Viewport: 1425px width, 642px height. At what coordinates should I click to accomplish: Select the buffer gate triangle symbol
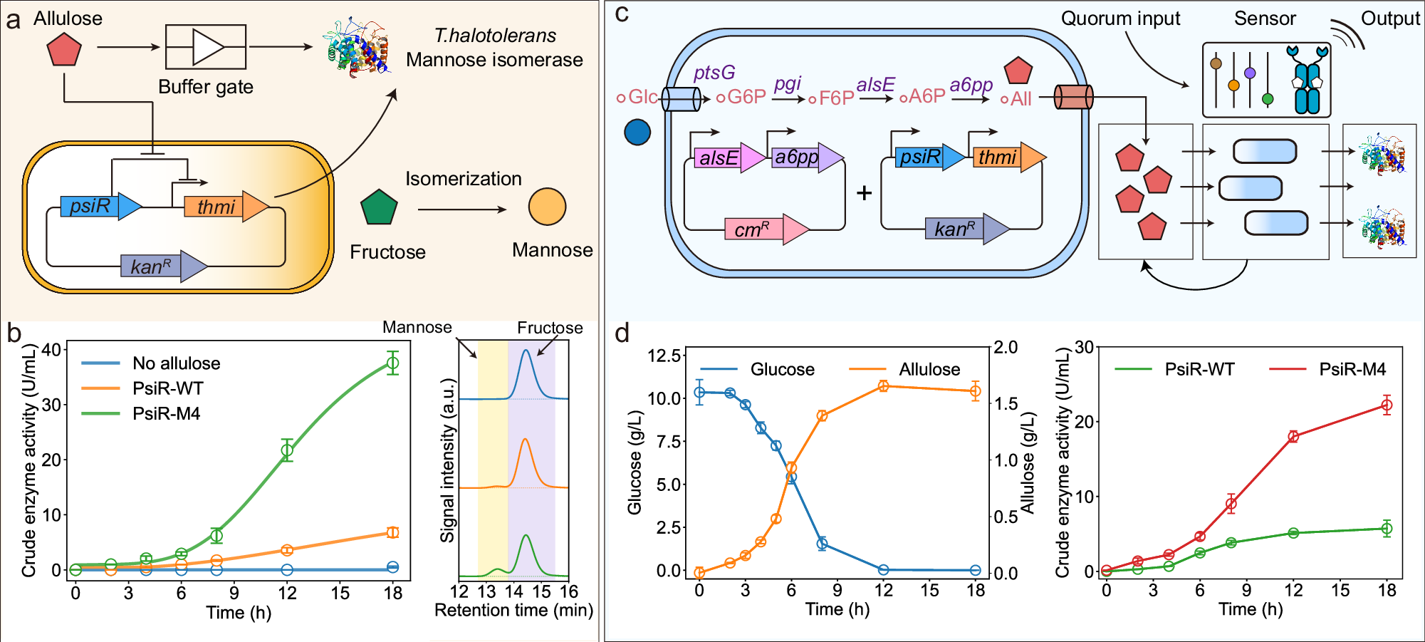pyautogui.click(x=207, y=47)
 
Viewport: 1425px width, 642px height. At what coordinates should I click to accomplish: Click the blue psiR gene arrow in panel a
pyautogui.click(x=100, y=207)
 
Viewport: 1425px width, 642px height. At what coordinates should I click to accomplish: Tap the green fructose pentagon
pyautogui.click(x=379, y=208)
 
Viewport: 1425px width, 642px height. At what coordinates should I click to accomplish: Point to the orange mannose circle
pyautogui.click(x=547, y=207)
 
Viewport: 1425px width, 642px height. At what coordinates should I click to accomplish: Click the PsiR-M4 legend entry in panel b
pyautogui.click(x=166, y=413)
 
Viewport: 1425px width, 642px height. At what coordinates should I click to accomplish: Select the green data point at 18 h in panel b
pyautogui.click(x=392, y=363)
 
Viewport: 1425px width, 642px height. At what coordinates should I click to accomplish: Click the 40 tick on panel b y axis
pyautogui.click(x=51, y=349)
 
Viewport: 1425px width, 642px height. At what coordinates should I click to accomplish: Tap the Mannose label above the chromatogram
pyautogui.click(x=417, y=327)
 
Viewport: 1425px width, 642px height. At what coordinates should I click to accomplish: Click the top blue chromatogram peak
pyautogui.click(x=526, y=351)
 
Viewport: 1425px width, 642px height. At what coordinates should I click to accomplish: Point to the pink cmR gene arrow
pyautogui.click(x=766, y=229)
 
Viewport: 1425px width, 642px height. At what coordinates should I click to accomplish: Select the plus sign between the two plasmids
pyautogui.click(x=864, y=193)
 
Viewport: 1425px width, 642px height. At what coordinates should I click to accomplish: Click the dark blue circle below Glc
pyautogui.click(x=637, y=132)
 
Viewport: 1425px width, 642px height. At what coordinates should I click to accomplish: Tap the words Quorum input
pyautogui.click(x=1120, y=19)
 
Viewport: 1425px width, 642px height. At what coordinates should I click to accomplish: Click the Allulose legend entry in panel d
pyautogui.click(x=929, y=369)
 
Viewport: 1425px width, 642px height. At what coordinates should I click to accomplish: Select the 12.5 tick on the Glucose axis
pyautogui.click(x=665, y=355)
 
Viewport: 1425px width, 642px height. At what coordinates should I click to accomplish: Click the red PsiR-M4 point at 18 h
pyautogui.click(x=1387, y=405)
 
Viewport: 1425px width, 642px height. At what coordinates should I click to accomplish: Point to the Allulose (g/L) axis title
pyautogui.click(x=1028, y=463)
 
